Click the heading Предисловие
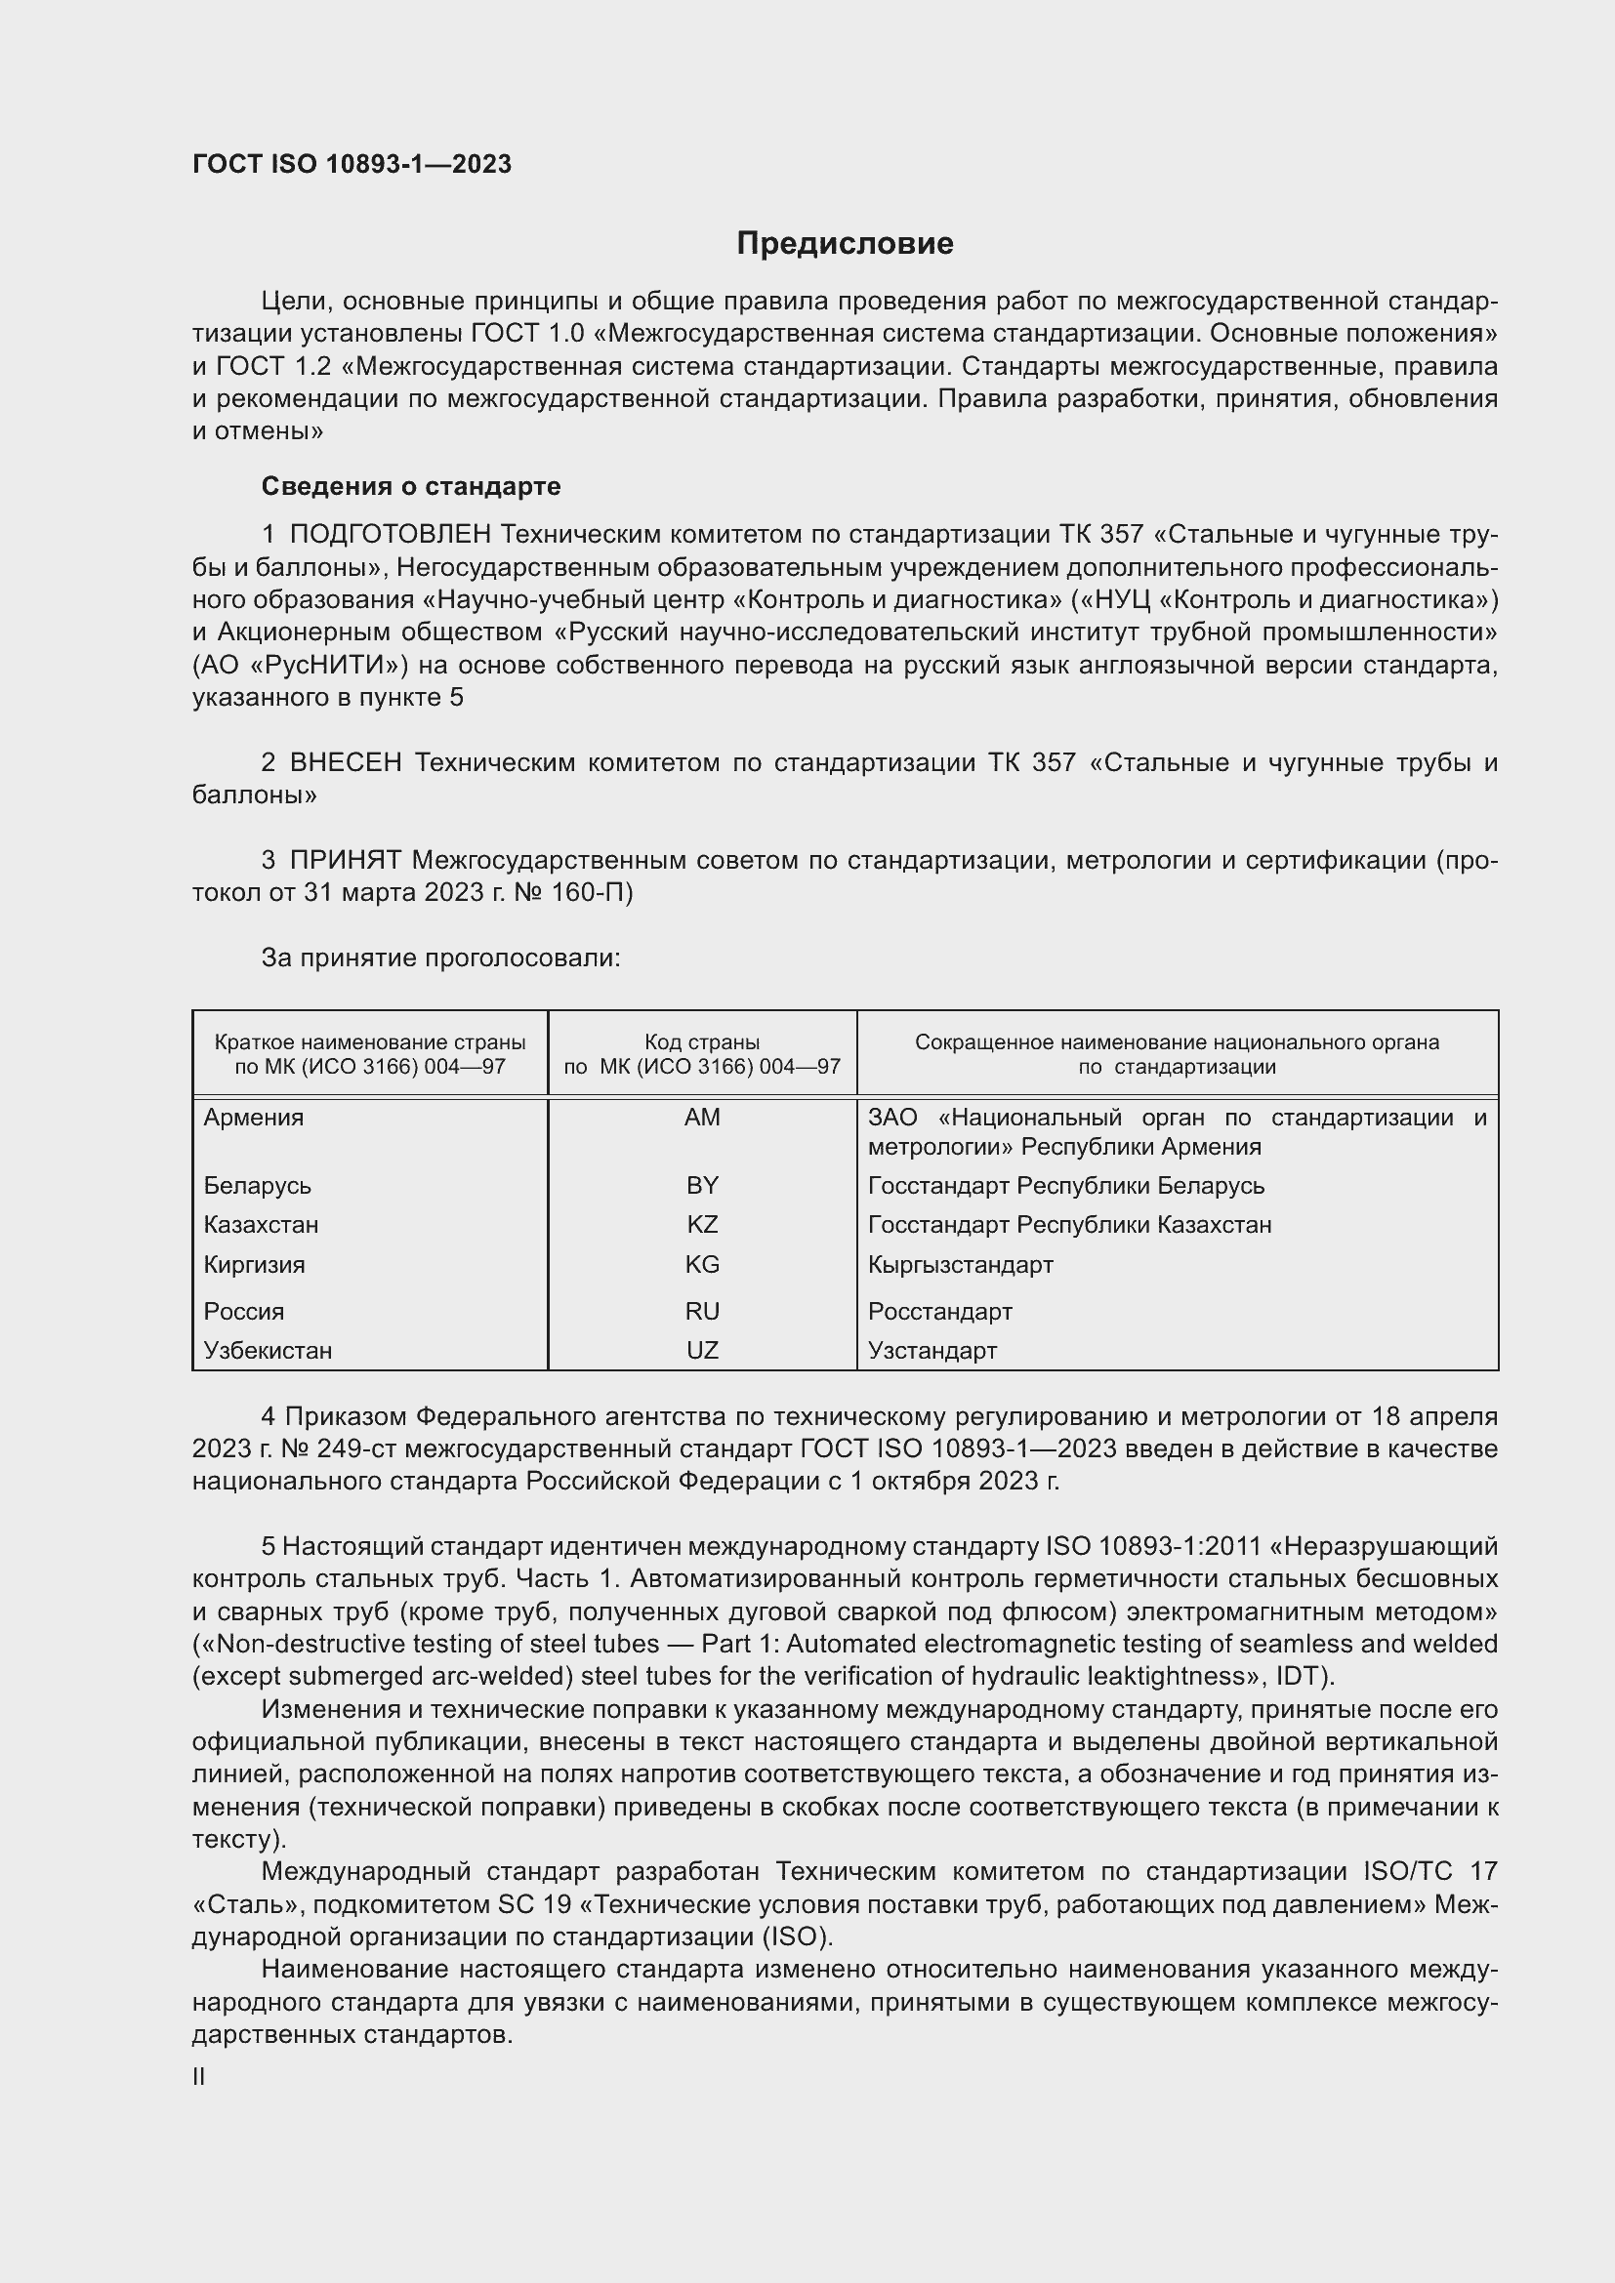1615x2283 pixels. point(845,244)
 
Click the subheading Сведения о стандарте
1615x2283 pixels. point(411,486)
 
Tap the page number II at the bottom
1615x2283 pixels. point(199,2077)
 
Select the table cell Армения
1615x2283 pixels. point(254,1118)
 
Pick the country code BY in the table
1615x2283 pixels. point(702,1185)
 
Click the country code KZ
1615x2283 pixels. point(702,1224)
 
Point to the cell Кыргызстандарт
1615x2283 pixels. point(960,1265)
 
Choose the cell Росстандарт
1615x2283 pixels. point(939,1312)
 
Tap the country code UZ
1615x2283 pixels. point(702,1350)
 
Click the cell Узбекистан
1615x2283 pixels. point(268,1350)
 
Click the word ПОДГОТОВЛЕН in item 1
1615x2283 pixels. point(390,535)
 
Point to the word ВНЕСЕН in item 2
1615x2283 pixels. point(346,762)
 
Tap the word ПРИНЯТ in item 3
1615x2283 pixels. point(346,860)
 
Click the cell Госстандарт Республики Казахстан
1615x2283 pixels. point(1069,1224)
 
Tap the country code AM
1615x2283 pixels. point(702,1118)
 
